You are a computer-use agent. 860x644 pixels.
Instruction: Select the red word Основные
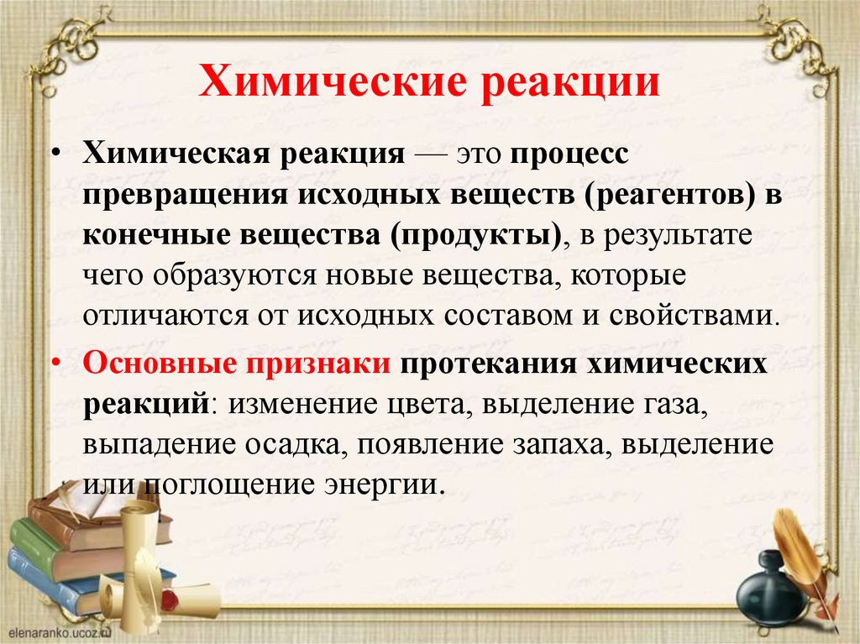tap(155, 366)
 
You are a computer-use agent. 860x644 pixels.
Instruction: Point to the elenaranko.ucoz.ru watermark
tap(54, 629)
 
